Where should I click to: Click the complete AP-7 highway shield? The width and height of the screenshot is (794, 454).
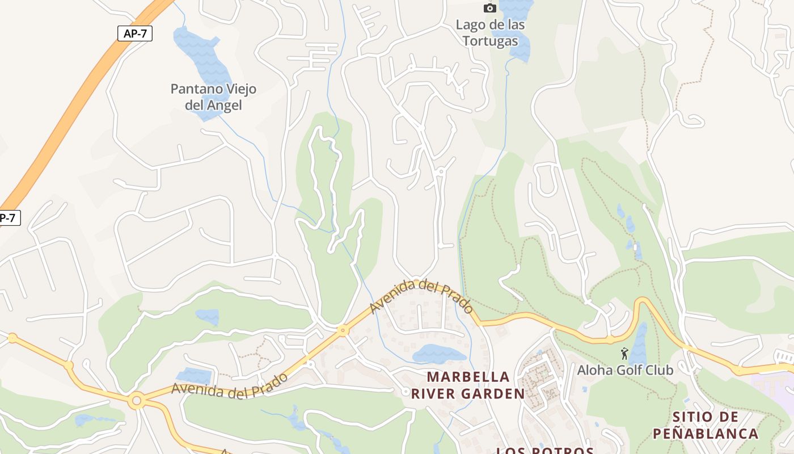[x=135, y=33]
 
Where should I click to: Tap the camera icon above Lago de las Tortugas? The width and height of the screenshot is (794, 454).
[x=489, y=8]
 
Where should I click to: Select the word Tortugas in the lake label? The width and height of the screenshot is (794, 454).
[x=490, y=41]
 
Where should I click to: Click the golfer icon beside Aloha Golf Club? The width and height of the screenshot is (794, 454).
[x=624, y=354]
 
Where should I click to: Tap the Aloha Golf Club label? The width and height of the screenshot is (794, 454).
[x=625, y=371]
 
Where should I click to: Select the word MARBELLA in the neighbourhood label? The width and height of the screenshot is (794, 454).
[x=468, y=377]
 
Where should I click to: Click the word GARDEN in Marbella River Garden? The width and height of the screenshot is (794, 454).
[x=495, y=394]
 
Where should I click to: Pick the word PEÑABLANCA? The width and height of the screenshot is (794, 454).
[x=705, y=434]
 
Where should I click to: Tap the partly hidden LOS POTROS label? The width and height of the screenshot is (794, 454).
[x=544, y=451]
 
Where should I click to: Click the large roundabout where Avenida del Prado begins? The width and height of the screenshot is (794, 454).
[x=136, y=401]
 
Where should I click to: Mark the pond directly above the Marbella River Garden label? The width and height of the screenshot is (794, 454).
[x=438, y=354]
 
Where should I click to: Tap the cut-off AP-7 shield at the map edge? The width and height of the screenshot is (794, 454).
[x=9, y=218]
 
